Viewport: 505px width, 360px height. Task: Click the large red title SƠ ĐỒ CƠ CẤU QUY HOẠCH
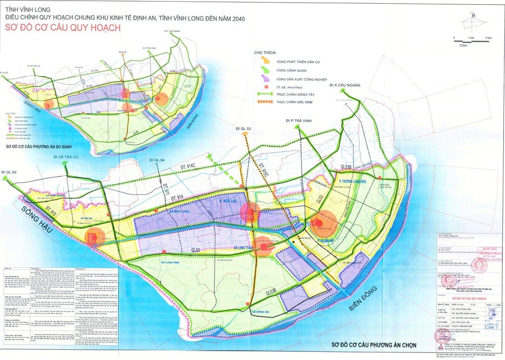[62, 28]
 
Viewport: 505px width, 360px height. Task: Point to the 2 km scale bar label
[488, 38]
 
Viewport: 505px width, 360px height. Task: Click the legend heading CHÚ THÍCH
[265, 52]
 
